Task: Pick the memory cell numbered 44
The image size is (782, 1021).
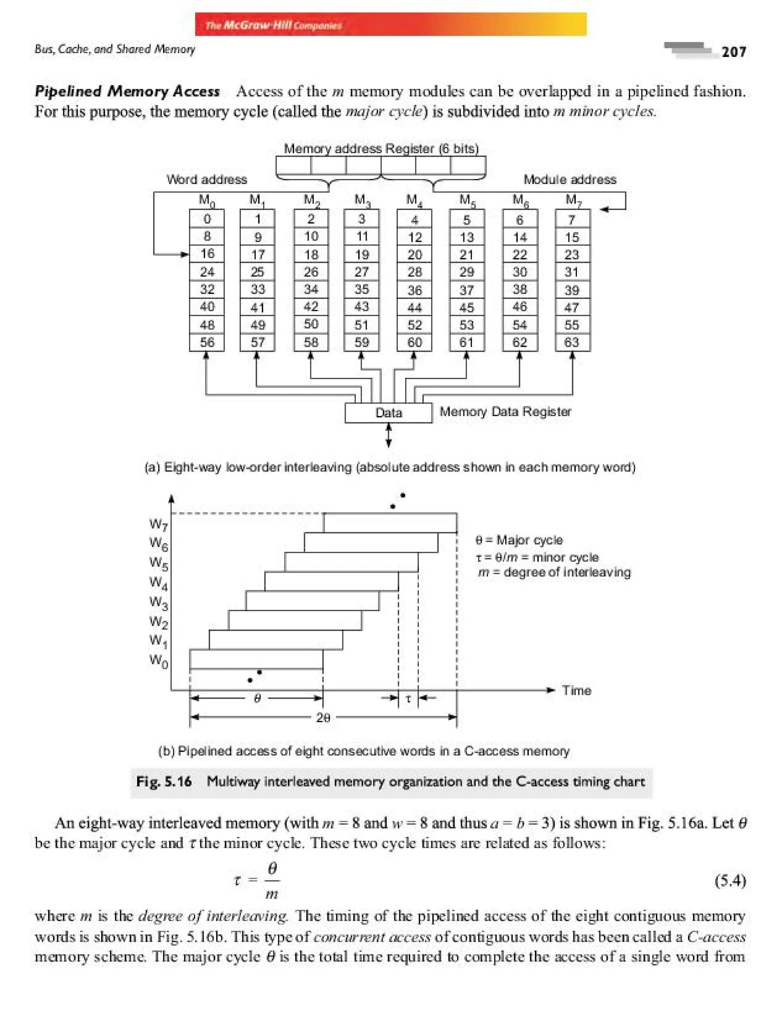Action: point(414,307)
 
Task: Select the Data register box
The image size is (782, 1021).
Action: point(388,412)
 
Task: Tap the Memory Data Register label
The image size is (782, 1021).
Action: point(505,412)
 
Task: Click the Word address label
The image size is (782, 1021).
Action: point(207,180)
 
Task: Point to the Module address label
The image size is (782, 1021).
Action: point(570,180)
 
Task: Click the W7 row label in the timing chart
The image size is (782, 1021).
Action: point(158,525)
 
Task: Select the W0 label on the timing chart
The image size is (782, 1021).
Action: point(158,660)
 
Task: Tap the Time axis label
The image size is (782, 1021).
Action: point(576,690)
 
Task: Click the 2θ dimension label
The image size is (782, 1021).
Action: point(323,717)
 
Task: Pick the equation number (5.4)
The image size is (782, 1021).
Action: point(730,881)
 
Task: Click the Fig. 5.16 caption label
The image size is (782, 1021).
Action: point(164,781)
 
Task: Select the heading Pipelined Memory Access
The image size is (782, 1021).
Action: point(127,91)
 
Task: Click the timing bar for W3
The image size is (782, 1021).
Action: point(312,601)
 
